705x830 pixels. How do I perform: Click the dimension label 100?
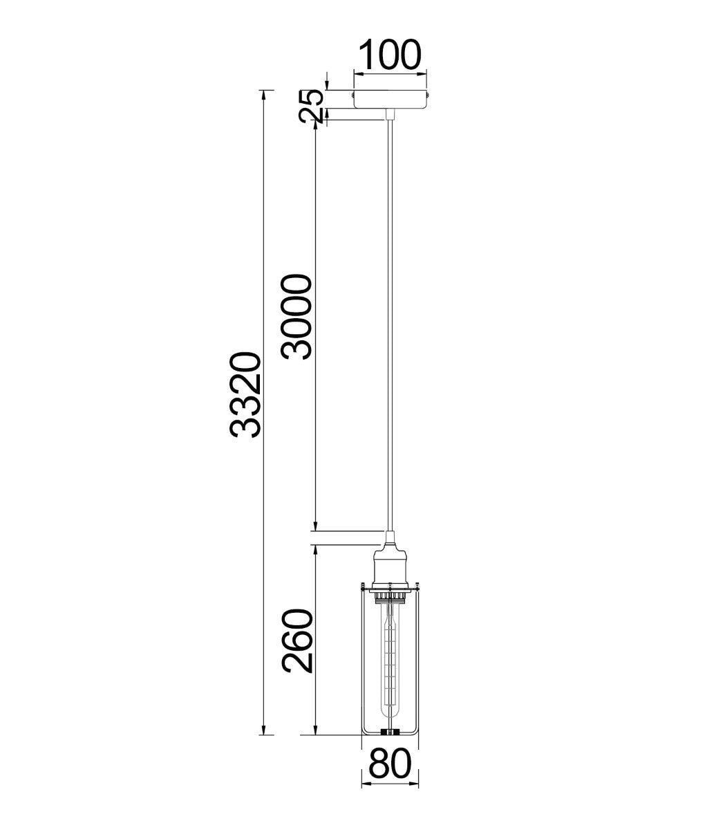click(x=390, y=55)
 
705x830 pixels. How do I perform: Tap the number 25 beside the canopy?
click(x=312, y=106)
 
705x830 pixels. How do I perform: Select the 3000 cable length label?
click(x=297, y=316)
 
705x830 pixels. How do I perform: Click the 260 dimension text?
click(x=299, y=641)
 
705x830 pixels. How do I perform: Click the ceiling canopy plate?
click(x=391, y=100)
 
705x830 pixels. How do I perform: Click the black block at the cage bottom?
click(x=391, y=730)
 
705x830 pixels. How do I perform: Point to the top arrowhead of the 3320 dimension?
click(x=263, y=94)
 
